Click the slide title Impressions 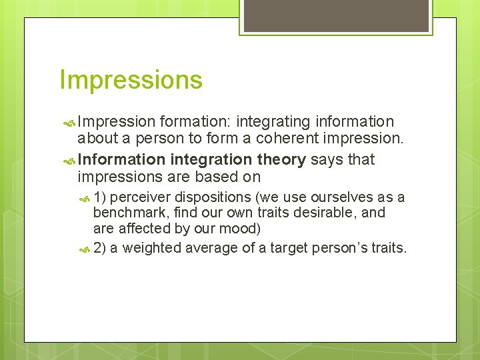coord(131,80)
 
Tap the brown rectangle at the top coord(336,16)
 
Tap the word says coord(325,159)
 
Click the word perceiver coord(140,197)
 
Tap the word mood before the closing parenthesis coord(242,229)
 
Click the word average coord(211,248)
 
